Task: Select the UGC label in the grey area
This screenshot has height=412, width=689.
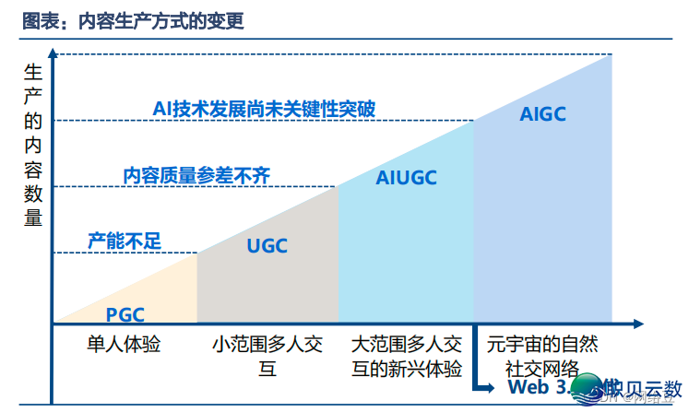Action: point(267,245)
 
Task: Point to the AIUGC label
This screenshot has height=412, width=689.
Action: point(407,178)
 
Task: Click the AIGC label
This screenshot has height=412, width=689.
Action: point(542,114)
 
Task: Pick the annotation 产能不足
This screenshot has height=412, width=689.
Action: point(125,241)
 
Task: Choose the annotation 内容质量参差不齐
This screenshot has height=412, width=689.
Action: point(196,175)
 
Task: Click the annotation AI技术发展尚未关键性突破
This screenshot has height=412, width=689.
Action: point(264,108)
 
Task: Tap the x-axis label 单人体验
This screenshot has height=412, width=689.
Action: point(124,345)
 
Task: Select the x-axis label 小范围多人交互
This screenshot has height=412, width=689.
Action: point(267,357)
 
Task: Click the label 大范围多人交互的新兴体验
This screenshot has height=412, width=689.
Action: point(406,357)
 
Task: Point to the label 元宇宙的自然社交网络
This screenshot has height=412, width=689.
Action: point(542,357)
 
